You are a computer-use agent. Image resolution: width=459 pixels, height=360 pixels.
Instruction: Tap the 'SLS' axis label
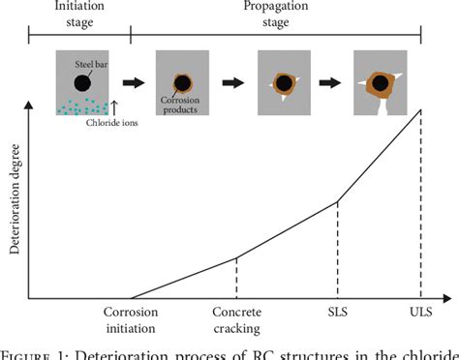point(336,313)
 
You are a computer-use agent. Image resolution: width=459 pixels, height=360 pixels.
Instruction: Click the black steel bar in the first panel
point(84,83)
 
